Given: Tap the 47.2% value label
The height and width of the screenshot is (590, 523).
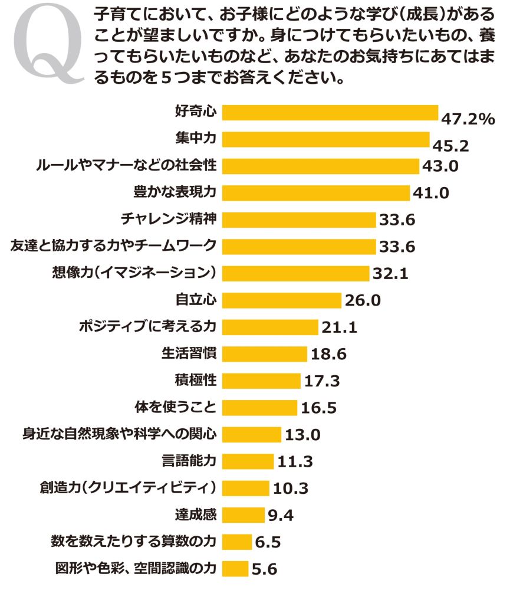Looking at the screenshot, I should (468, 120).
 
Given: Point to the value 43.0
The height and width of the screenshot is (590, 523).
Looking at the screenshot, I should (440, 166).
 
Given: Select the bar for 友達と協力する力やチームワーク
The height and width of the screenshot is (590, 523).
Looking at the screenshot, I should (300, 247).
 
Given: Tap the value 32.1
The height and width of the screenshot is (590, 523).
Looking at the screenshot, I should (390, 274).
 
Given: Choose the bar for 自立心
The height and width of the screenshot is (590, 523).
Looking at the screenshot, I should (283, 300).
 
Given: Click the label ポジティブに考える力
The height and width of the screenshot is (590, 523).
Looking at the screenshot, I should (147, 327).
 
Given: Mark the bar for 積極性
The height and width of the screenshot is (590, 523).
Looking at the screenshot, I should (262, 381).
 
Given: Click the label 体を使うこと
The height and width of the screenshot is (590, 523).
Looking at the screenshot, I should (176, 407).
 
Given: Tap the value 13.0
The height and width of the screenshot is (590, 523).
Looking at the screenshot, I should (302, 435).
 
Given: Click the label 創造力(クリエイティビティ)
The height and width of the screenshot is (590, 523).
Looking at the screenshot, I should (131, 488).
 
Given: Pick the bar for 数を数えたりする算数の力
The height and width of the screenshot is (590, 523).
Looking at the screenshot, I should (238, 542).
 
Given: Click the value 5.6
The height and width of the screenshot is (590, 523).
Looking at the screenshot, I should (264, 569).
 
